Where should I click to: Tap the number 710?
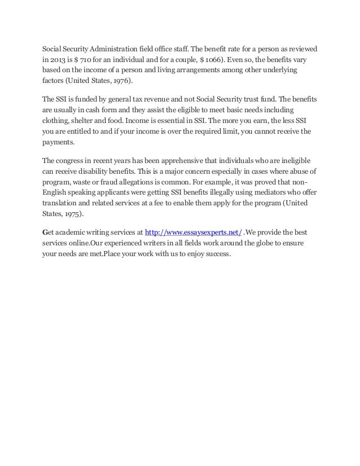tap(85, 59)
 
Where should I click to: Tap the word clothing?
tap(59, 121)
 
